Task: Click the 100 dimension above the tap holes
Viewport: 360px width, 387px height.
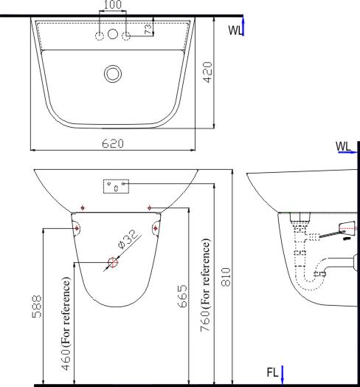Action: point(113,5)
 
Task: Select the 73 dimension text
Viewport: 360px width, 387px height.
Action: point(148,28)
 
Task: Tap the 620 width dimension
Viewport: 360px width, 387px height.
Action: point(113,143)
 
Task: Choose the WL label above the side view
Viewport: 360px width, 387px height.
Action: point(344,146)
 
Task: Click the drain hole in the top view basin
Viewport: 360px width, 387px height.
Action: point(113,73)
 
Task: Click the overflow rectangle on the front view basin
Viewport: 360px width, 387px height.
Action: point(117,186)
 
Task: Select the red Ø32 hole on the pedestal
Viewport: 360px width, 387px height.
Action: point(112,261)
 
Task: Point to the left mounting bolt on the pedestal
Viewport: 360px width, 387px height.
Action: point(77,228)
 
